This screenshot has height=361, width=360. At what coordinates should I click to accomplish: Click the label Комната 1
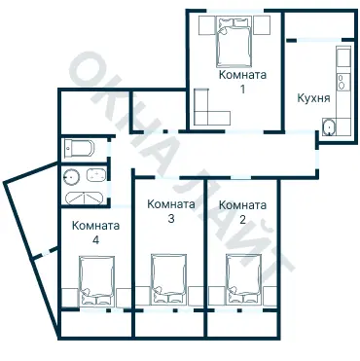click(242, 82)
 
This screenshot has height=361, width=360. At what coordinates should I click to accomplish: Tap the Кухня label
click(313, 98)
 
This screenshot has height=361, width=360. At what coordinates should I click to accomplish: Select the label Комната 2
click(242, 212)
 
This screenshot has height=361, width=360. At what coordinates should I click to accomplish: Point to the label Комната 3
click(171, 211)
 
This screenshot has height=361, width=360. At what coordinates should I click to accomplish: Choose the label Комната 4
click(95, 233)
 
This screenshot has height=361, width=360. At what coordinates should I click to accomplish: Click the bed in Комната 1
click(234, 41)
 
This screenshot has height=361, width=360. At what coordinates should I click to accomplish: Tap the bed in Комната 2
click(244, 279)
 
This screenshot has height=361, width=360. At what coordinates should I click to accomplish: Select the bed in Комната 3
click(169, 279)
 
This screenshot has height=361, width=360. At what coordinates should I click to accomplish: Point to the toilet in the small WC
click(79, 148)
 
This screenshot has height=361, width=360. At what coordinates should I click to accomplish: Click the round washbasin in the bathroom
click(72, 176)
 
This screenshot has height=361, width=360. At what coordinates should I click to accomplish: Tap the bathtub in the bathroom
click(85, 199)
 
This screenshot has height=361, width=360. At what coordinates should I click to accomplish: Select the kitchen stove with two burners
click(343, 82)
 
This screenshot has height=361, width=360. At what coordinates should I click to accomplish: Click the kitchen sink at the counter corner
click(329, 127)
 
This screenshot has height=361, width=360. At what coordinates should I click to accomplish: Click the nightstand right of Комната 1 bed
click(262, 25)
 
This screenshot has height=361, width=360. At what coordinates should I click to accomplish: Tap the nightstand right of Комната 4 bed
click(124, 298)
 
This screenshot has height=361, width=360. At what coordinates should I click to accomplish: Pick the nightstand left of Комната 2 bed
click(217, 296)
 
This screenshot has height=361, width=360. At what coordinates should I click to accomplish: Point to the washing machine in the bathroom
click(96, 175)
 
